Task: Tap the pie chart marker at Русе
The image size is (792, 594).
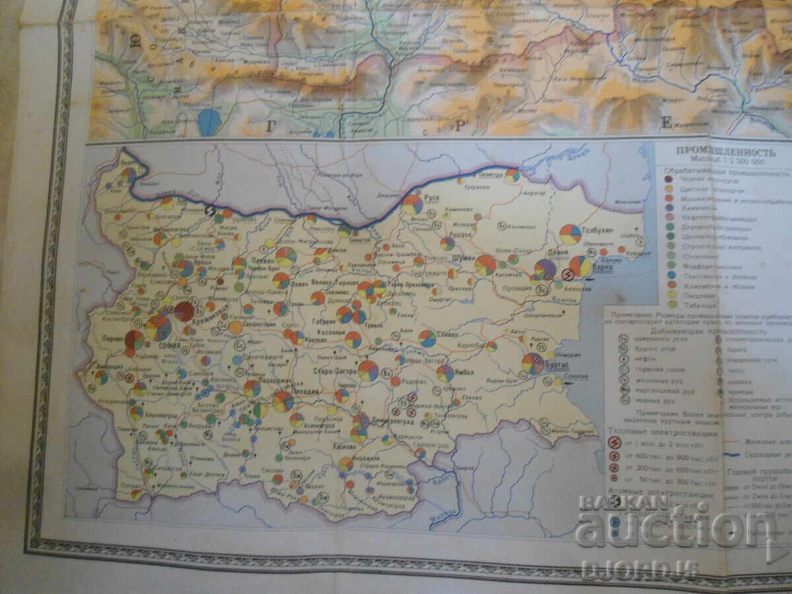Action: coord(412,204)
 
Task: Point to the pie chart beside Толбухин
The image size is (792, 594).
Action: coord(570,234)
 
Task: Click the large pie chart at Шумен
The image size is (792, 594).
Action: coord(486,265)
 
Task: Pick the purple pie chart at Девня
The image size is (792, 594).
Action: coord(545,269)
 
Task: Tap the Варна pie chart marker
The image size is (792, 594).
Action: coord(581,266)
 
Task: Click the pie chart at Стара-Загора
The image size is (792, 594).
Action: coord(368,370)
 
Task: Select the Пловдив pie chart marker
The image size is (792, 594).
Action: coord(283,401)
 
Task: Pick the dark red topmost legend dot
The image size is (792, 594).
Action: coord(670,178)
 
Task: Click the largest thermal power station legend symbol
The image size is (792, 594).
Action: coord(614,443)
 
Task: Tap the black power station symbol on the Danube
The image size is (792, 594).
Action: coord(211,211)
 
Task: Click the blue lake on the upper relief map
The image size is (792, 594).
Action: coord(209,122)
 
